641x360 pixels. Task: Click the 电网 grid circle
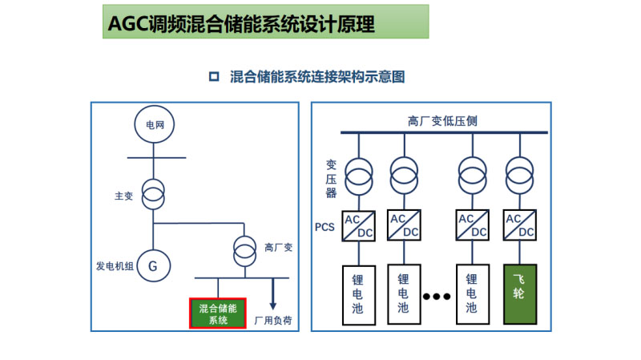tap(152, 125)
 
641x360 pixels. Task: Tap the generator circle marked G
tap(152, 266)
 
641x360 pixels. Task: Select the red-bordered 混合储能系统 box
tap(218, 313)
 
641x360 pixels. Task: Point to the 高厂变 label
tap(279, 247)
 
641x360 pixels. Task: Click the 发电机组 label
tap(112, 265)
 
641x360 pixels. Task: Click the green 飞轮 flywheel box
tap(519, 294)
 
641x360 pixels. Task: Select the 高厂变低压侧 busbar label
tap(443, 121)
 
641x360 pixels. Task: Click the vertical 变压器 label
tap(331, 178)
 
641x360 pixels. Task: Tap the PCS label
tap(325, 227)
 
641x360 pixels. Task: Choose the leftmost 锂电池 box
tap(358, 294)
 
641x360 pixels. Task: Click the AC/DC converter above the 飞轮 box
tap(519, 225)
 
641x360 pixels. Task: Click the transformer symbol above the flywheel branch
tap(519, 173)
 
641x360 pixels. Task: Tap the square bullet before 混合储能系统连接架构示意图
tap(214, 77)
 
